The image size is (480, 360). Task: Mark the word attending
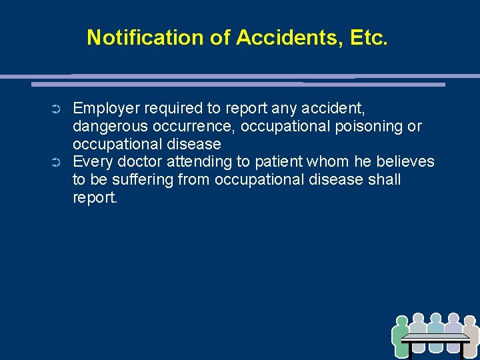pyautogui.click(x=199, y=162)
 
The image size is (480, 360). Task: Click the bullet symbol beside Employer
pyautogui.click(x=56, y=109)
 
